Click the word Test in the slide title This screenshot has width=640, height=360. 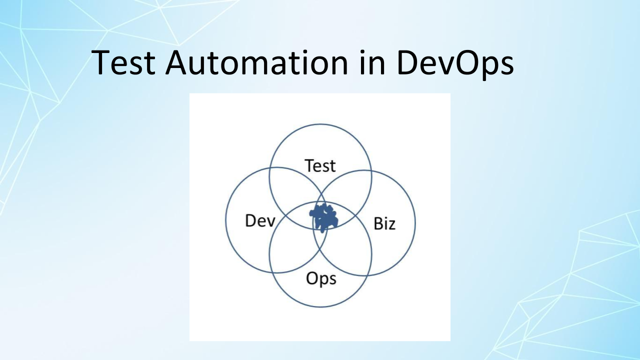123,62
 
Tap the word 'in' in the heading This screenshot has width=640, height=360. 372,62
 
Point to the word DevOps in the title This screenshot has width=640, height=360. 455,65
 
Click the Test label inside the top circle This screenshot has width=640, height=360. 320,165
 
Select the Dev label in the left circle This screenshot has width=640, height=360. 260,220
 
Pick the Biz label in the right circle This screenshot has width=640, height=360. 384,223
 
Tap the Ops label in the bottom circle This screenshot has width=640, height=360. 321,278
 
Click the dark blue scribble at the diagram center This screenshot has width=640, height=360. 323,217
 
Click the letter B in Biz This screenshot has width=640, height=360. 378,223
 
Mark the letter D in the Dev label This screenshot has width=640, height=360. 250,220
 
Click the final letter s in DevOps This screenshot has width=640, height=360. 507,66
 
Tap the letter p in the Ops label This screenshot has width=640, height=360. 324,281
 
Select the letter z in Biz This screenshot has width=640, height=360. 391,225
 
